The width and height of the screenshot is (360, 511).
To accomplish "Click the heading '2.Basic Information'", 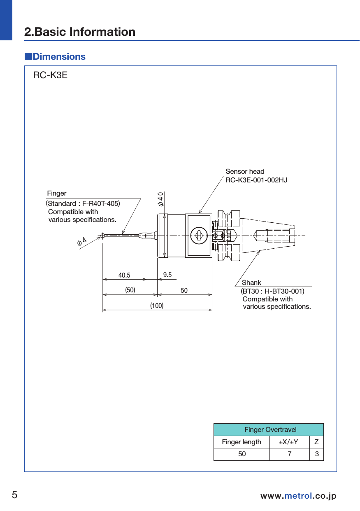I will (80, 32).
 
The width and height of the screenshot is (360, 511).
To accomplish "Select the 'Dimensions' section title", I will (59, 57).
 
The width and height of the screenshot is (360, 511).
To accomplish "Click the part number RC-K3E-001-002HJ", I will (256, 180).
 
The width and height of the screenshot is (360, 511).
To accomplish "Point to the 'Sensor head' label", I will (245, 171).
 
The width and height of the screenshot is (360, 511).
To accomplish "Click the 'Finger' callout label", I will (57, 193).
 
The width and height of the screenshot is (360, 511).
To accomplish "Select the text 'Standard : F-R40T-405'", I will (84, 203).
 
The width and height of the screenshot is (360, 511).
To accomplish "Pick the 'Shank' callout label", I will (251, 282).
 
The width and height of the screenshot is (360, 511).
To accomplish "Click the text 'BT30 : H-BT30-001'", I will (273, 292).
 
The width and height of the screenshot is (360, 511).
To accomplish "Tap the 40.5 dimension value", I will (124, 275).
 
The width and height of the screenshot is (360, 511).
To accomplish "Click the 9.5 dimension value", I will (167, 275).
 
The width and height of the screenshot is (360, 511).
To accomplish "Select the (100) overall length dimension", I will (157, 306).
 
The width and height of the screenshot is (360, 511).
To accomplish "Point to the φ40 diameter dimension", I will (160, 199).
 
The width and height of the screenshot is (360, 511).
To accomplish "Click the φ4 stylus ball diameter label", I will (82, 241).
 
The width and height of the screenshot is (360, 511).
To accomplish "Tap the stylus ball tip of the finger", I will (102, 236).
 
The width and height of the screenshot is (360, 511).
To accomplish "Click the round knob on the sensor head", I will (198, 236).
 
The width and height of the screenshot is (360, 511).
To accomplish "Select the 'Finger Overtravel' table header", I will (270, 430).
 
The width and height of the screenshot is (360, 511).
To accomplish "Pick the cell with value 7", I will (290, 454).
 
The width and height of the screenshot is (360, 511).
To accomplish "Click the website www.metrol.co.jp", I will (298, 496).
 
